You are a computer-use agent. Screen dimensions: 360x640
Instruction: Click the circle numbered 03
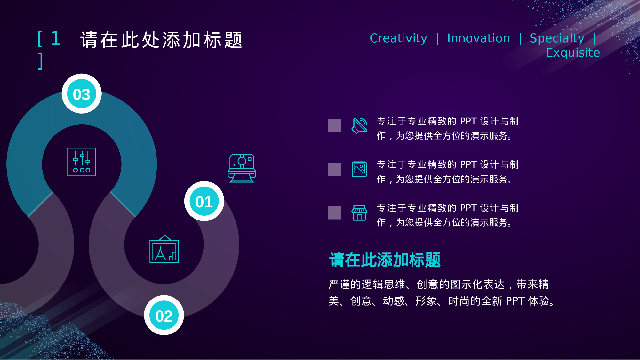(x=82, y=94)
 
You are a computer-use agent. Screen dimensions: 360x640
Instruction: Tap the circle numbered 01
(x=204, y=202)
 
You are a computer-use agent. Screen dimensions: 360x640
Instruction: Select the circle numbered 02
(x=164, y=316)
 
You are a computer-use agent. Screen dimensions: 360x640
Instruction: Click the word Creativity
(x=398, y=38)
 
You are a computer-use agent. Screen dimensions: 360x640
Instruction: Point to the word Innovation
(x=478, y=38)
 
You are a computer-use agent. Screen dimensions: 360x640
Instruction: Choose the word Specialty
(x=557, y=38)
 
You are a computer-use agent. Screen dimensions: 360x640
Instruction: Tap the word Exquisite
(x=572, y=52)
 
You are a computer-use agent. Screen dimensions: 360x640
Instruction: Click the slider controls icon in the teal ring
(x=82, y=162)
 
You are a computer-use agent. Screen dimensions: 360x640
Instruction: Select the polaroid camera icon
(x=242, y=168)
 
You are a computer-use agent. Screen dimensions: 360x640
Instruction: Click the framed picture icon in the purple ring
(x=164, y=250)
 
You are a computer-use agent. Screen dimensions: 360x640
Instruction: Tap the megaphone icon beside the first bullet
(x=359, y=126)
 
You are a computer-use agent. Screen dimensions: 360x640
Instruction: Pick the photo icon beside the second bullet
(x=359, y=169)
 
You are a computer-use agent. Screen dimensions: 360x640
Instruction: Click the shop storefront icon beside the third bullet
(x=359, y=213)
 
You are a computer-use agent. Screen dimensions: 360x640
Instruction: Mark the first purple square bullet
(x=334, y=126)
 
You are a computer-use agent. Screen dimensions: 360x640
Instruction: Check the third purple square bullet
(x=334, y=213)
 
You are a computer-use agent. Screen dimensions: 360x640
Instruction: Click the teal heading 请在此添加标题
(x=385, y=260)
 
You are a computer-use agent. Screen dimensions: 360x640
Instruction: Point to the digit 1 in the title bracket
(x=56, y=39)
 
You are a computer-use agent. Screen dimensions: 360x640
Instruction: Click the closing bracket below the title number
(x=40, y=61)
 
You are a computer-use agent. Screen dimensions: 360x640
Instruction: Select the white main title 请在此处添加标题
(x=161, y=40)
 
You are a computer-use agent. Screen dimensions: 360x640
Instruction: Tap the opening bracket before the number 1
(x=40, y=39)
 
